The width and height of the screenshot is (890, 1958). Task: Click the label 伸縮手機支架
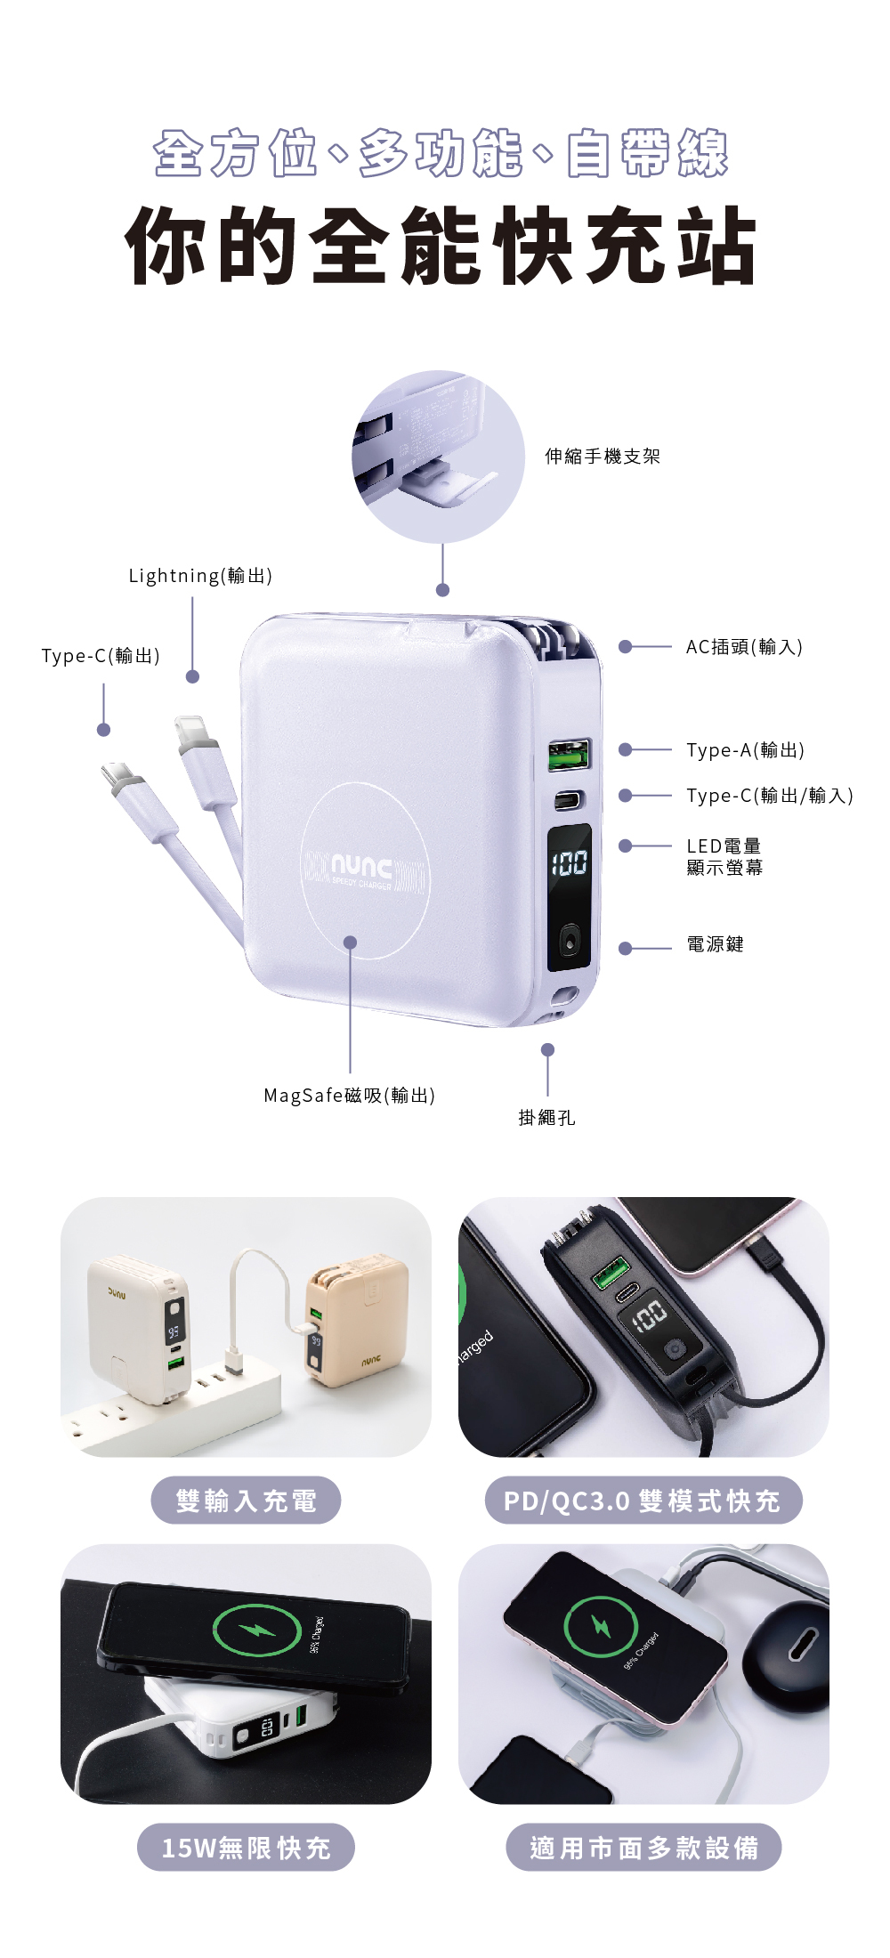pyautogui.click(x=603, y=457)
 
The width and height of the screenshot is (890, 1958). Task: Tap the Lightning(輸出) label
pyautogui.click(x=200, y=576)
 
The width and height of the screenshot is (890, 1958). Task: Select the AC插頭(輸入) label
pyautogui.click(x=744, y=647)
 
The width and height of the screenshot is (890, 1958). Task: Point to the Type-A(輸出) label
pyautogui.click(x=745, y=750)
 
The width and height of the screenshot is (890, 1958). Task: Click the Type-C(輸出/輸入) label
pyautogui.click(x=770, y=796)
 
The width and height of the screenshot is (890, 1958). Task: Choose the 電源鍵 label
pyautogui.click(x=715, y=944)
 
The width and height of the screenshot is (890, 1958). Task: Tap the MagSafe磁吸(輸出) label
pyautogui.click(x=349, y=1096)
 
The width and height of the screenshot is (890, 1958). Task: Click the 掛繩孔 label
pyautogui.click(x=546, y=1118)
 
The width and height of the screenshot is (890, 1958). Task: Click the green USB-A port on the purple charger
pyautogui.click(x=569, y=755)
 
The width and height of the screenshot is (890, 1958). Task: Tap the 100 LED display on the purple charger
pyautogui.click(x=569, y=862)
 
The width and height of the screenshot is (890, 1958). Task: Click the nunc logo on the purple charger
pyautogui.click(x=361, y=866)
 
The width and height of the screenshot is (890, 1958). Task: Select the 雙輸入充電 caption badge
pyautogui.click(x=246, y=1501)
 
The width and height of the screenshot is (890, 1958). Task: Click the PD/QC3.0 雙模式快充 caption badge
pyautogui.click(x=643, y=1501)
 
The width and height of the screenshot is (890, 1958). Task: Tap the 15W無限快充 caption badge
pyautogui.click(x=246, y=1848)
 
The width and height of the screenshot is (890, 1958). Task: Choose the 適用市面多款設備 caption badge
pyautogui.click(x=643, y=1848)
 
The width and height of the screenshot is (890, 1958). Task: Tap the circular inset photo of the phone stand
pyautogui.click(x=438, y=457)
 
